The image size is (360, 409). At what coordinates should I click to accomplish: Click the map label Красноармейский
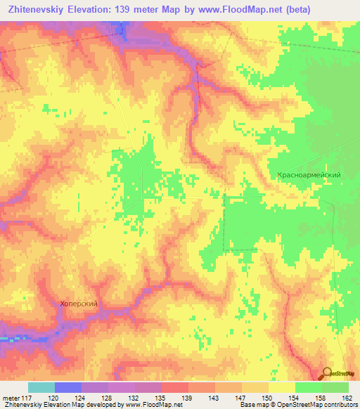309,175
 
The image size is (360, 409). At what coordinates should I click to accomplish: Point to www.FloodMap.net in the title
236,8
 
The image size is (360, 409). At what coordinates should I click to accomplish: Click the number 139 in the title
132,8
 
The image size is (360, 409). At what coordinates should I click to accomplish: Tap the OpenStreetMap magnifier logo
326,374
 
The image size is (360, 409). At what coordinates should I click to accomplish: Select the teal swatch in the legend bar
41,387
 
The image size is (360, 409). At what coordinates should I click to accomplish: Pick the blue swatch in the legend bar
67,387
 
